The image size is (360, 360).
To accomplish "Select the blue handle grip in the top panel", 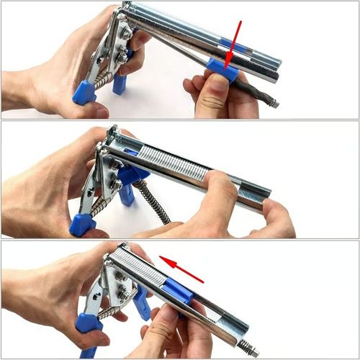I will tap(84, 93).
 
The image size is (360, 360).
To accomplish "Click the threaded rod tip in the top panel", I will tap(274, 104).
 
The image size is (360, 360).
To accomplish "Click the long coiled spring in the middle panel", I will tap(155, 202).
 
